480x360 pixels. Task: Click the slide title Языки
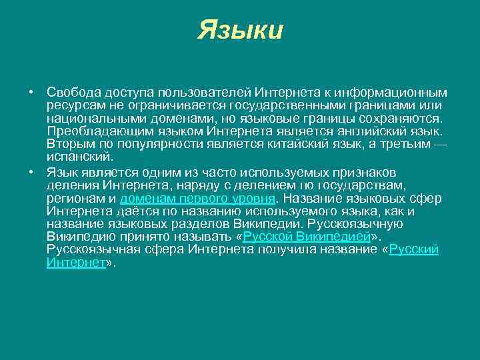[x=241, y=29]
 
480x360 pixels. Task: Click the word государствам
[x=359, y=185]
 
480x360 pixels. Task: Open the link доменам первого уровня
[x=198, y=198]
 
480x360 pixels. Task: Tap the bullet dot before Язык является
[x=31, y=172]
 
